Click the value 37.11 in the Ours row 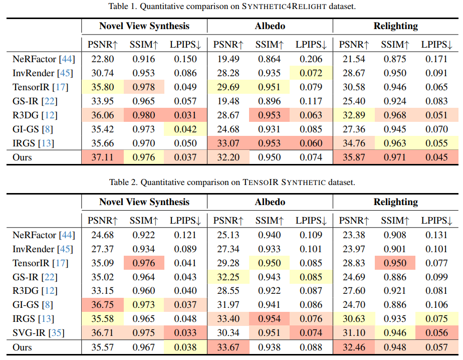point(102,157)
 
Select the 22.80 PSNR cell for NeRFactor point(102,59)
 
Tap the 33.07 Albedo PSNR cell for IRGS point(228,143)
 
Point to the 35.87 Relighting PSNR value point(354,157)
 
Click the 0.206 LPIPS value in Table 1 point(311,59)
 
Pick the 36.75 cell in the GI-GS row point(102,304)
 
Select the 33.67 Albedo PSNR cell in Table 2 point(228,347)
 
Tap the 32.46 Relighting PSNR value point(354,347)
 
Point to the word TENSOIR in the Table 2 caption point(260,182)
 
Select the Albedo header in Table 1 point(270,27)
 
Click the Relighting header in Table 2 point(395,202)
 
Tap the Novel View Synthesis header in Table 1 point(144,27)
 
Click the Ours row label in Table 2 point(22,347)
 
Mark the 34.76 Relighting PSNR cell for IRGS point(354,143)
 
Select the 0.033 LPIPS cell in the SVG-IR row point(186,333)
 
